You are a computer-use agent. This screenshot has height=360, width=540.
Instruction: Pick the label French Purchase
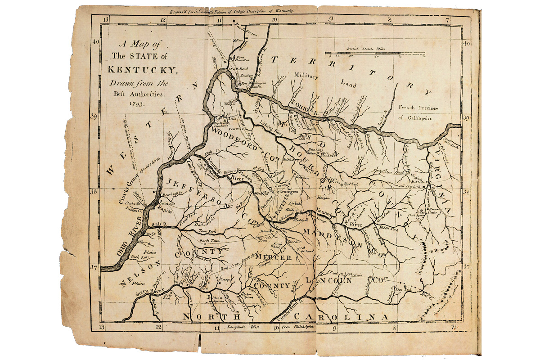pos(417,107)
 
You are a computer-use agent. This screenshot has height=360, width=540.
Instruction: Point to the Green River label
pos(148,291)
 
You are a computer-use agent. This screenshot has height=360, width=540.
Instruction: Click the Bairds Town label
pos(213,241)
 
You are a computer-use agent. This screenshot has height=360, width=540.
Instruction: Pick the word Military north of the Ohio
pos(306,76)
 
